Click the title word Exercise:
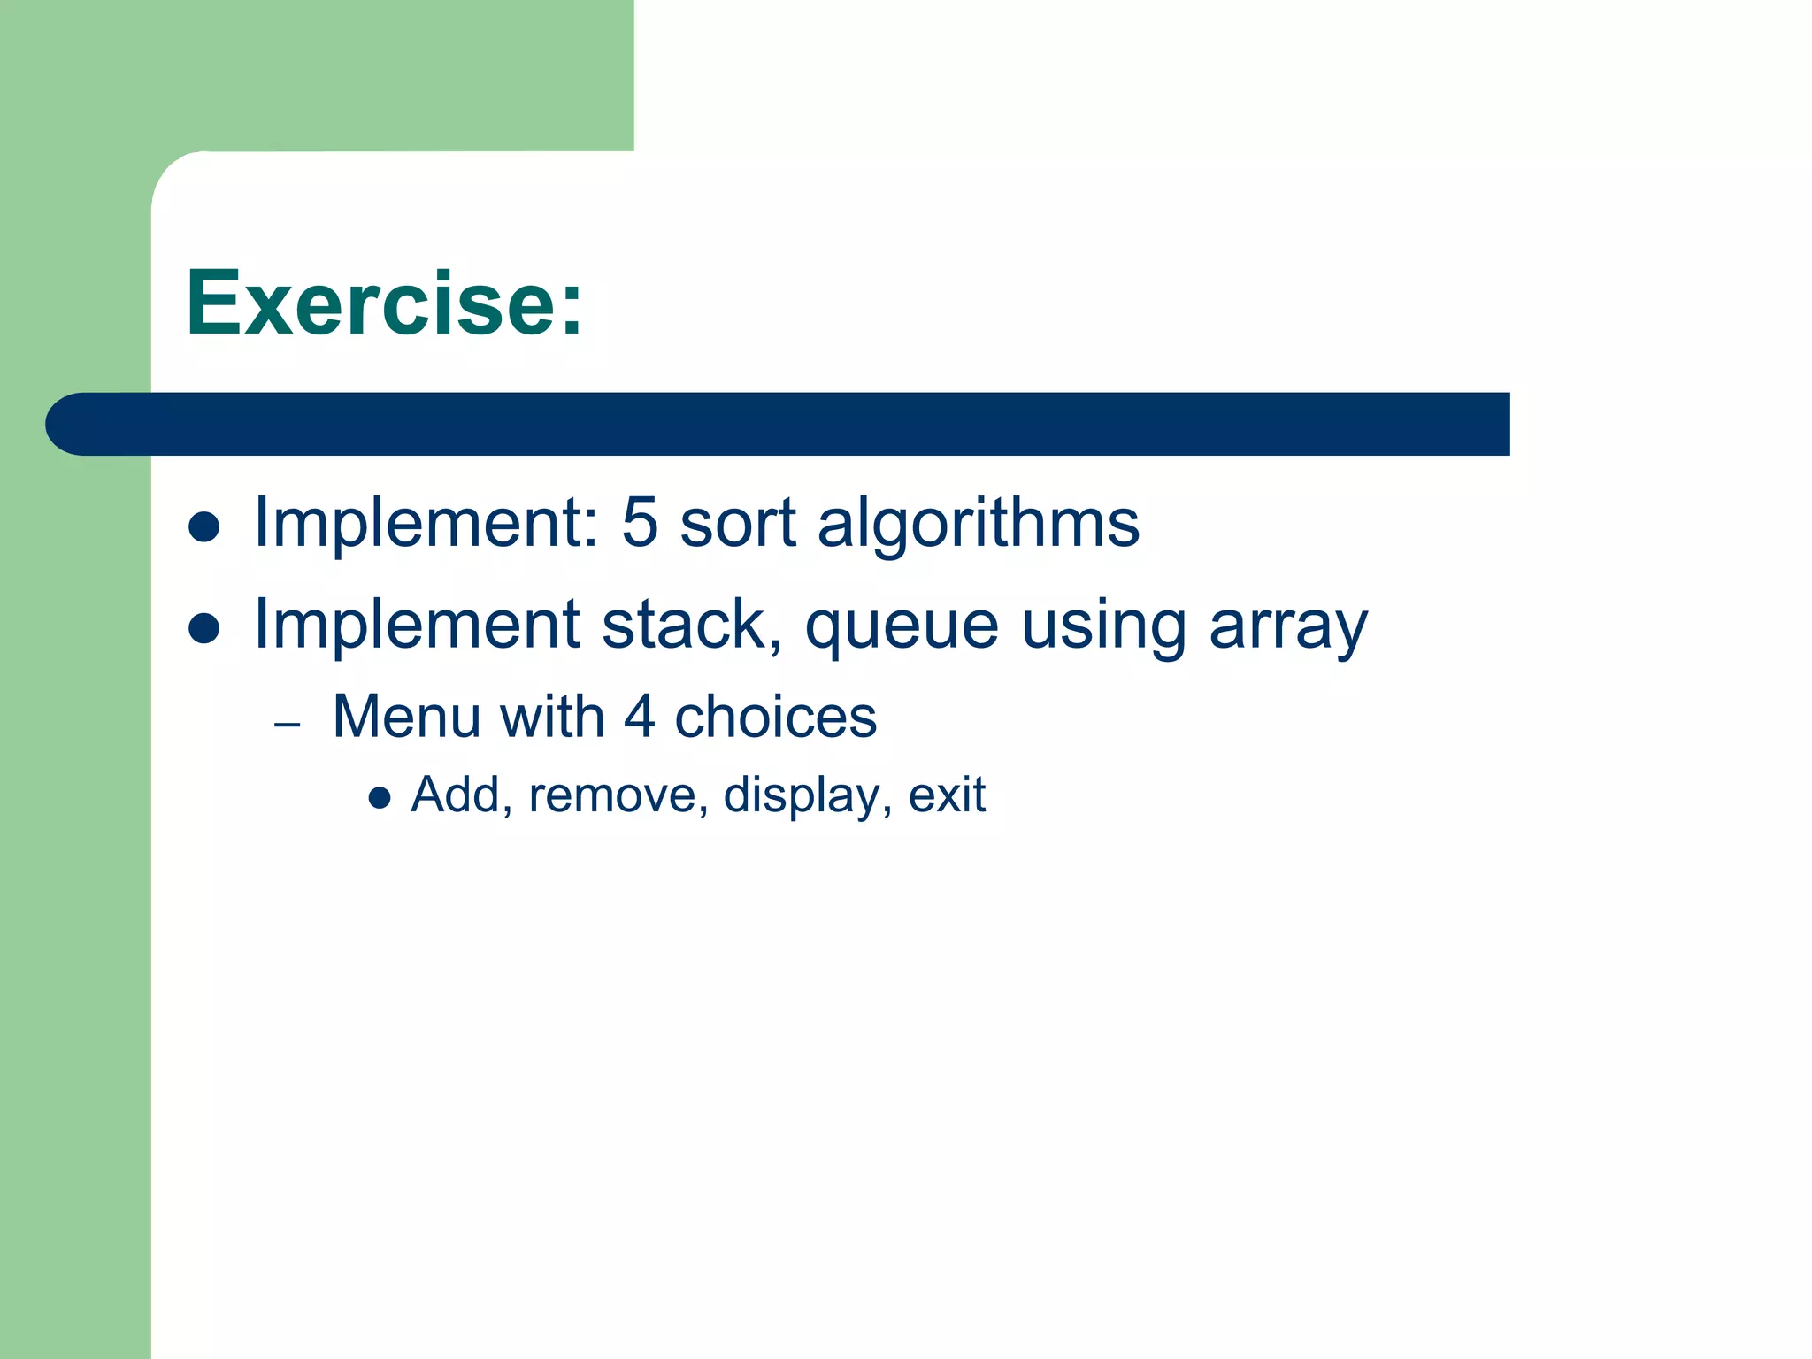pyautogui.click(x=384, y=303)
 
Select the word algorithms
pyautogui.click(x=979, y=524)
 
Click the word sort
pyautogui.click(x=738, y=524)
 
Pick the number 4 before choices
pyautogui.click(x=640, y=717)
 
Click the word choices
pyautogui.click(x=776, y=717)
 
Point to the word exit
pyautogui.click(x=947, y=795)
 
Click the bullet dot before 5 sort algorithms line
pyautogui.click(x=204, y=527)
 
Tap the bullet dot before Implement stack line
pyautogui.click(x=204, y=629)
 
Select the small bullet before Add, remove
pyautogui.click(x=380, y=799)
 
